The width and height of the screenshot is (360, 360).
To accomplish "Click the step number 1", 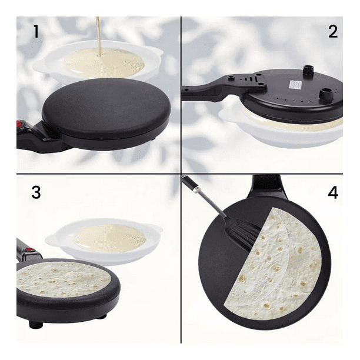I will pyautogui.click(x=36, y=31).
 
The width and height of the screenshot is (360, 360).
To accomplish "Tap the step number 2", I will pyautogui.click(x=333, y=31).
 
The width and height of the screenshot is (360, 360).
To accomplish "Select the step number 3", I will pyautogui.click(x=36, y=192).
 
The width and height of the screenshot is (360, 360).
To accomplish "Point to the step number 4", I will pyautogui.click(x=333, y=192).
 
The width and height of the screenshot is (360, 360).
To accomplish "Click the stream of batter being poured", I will pyautogui.click(x=99, y=35).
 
